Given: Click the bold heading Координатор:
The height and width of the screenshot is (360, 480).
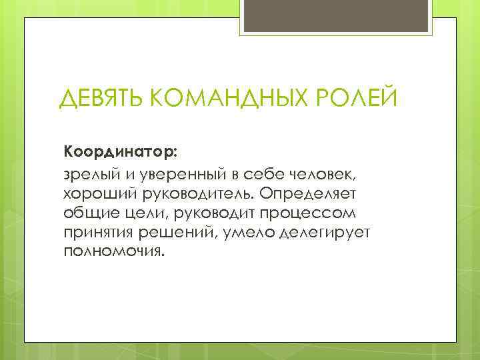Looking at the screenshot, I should point(121,150).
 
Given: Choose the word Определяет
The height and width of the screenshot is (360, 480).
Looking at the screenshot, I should point(311,193).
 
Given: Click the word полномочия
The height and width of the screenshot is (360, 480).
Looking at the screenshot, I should point(113,253).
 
